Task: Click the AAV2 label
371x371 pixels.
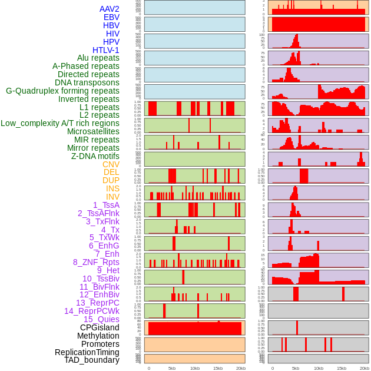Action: tap(109, 9)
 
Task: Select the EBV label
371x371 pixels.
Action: tap(111, 17)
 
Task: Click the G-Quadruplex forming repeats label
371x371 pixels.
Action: tap(62, 91)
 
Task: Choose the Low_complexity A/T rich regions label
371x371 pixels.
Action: tap(60, 123)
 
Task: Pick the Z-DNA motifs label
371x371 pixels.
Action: tap(95, 156)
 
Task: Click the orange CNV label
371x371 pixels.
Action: tap(111, 164)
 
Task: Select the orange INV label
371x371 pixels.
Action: tap(112, 197)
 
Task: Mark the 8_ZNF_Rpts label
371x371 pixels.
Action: tap(96, 262)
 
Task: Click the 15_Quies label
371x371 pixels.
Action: tap(101, 319)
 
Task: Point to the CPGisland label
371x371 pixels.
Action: tap(100, 327)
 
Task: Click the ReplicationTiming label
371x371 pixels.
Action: tap(87, 352)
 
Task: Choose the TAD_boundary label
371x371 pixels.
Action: tap(91, 360)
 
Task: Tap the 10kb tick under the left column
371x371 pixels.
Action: tap(195, 368)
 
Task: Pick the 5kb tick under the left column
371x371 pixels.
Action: tap(172, 368)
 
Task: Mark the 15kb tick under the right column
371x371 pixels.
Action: tap(342, 368)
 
